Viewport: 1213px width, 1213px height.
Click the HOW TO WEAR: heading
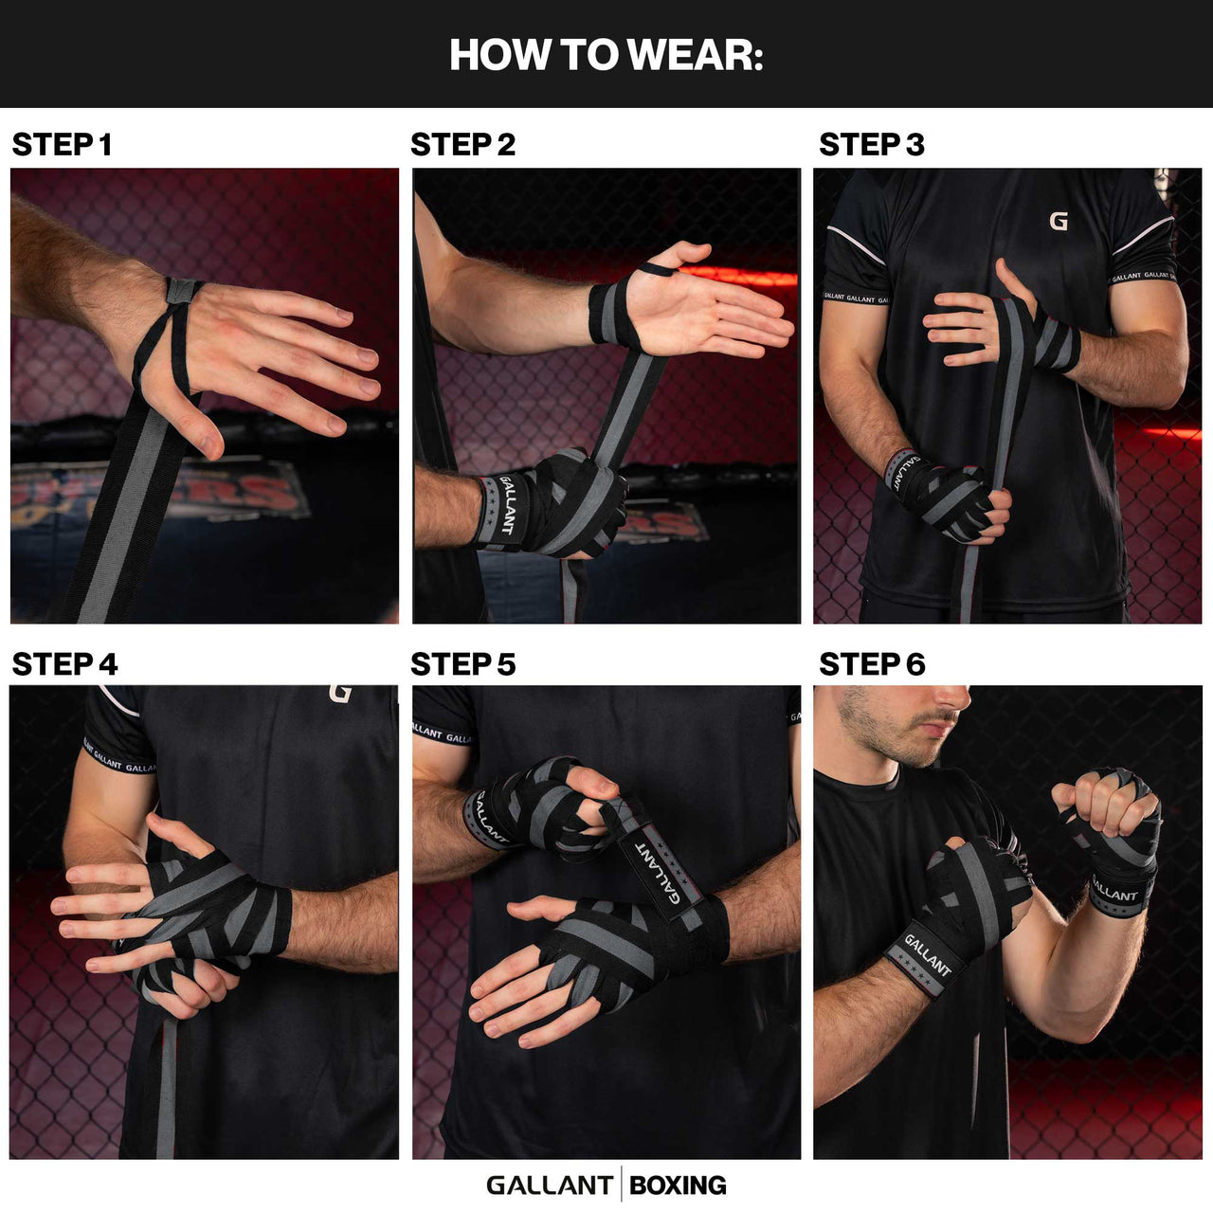606,55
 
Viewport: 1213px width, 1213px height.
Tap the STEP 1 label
62,145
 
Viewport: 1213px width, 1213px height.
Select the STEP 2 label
462,145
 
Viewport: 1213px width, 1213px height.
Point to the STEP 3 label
871,145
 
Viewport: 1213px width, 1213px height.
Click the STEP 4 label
64,664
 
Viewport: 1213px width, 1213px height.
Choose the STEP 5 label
462,664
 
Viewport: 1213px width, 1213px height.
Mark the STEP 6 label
871,664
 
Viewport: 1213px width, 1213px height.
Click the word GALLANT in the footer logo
549,1186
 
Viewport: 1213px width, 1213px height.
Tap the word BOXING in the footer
678,1186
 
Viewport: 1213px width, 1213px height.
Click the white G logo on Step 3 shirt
1059,222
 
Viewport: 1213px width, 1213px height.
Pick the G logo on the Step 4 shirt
340,694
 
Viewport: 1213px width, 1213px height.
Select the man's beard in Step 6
881,739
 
